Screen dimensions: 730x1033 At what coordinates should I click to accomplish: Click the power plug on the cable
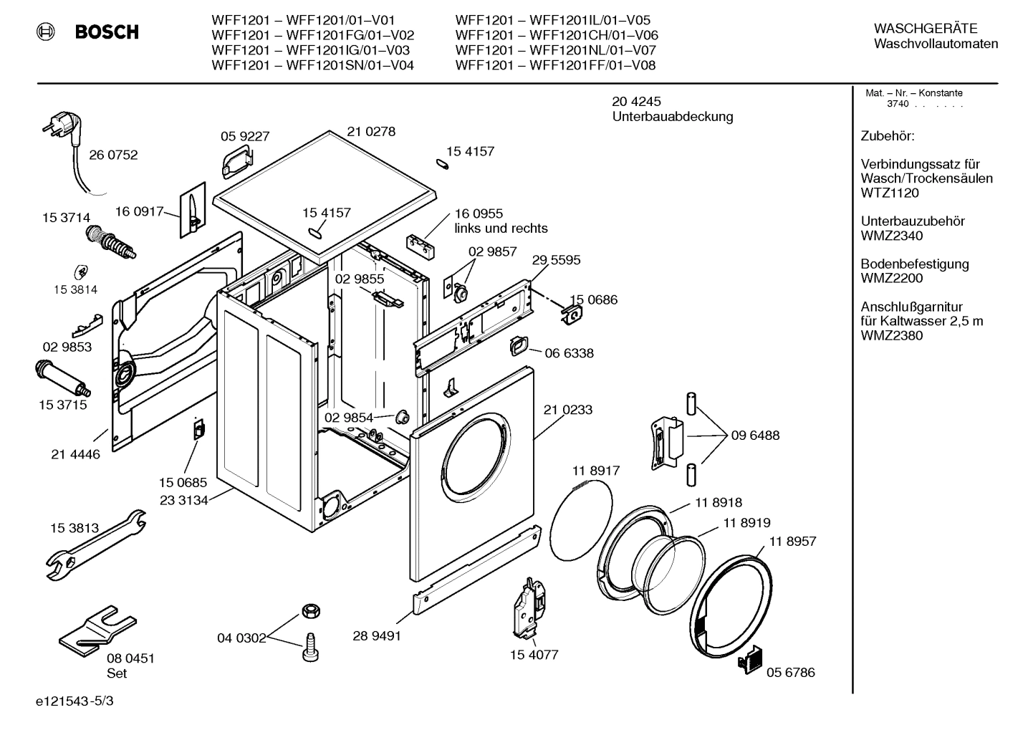click(x=61, y=130)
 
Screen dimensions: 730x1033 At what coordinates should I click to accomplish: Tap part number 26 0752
click(x=113, y=155)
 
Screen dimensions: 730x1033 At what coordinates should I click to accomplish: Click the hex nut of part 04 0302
click(x=309, y=610)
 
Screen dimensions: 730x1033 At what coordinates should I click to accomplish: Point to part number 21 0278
click(x=371, y=132)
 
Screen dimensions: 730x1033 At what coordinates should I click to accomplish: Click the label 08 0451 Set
click(x=130, y=666)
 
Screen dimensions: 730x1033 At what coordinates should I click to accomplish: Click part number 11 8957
click(x=792, y=542)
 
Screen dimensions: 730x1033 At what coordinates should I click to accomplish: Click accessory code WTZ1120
click(x=890, y=193)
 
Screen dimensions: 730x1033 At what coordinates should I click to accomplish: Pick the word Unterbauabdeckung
click(x=672, y=117)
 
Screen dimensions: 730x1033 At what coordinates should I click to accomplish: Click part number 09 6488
click(x=755, y=435)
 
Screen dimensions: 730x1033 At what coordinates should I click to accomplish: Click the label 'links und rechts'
click(x=501, y=229)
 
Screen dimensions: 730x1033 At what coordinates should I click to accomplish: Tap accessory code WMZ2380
click(x=891, y=335)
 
